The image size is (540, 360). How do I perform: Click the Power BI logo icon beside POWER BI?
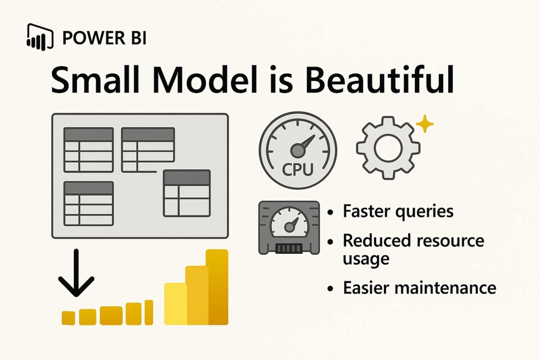tap(40, 37)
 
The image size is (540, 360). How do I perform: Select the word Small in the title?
tap(96, 80)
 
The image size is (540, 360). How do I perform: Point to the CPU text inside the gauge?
tap(298, 170)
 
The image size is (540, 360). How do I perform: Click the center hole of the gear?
tap(388, 148)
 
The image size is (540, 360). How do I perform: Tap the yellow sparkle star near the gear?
tap(425, 124)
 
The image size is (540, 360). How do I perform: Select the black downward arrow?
tap(76, 273)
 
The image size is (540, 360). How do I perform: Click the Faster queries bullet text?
tap(398, 212)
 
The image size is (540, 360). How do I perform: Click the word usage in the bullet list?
tap(366, 259)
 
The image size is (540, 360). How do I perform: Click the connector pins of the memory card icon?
tap(289, 248)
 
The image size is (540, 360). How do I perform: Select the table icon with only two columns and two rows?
tap(187, 193)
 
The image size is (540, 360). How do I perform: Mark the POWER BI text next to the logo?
tap(104, 38)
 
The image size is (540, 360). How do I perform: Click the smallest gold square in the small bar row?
tap(68, 318)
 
